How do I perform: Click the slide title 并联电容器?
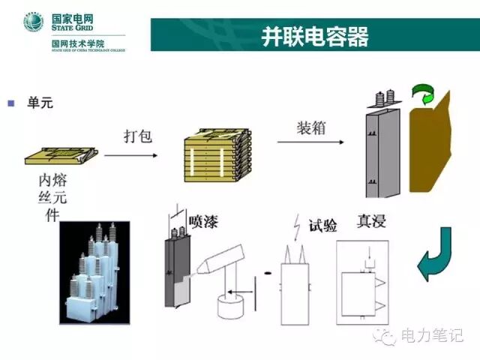314,36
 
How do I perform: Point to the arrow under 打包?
130,155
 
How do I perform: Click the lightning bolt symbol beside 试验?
298,224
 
